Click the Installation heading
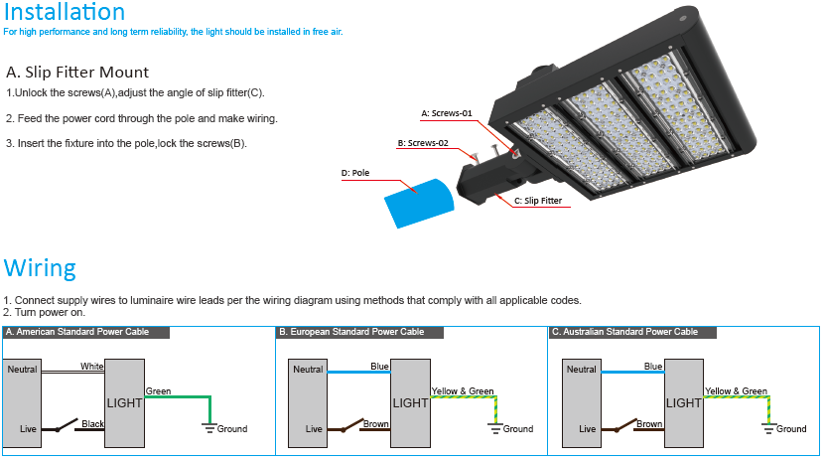coord(64,13)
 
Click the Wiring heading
coord(40,268)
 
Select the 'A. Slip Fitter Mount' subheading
coord(77,73)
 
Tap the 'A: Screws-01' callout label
coord(447,113)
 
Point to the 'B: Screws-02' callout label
coord(423,143)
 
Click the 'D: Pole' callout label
coord(355,173)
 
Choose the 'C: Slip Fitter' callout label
coord(537,201)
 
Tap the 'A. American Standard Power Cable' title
coord(77,332)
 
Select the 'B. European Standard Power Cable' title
coord(351,332)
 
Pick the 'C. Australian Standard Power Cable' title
coord(625,332)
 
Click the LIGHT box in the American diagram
coord(125,403)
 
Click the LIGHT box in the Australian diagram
coord(683,403)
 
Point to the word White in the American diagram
coord(92,367)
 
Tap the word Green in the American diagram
coord(159,391)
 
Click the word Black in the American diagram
coord(93,424)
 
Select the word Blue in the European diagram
coord(379,367)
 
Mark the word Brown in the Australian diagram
coord(649,424)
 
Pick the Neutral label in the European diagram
coord(308,370)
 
